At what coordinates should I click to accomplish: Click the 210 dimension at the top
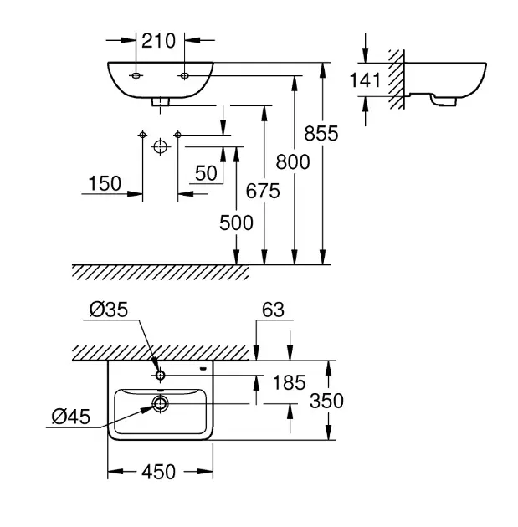(160, 40)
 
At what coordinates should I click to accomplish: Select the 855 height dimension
(321, 133)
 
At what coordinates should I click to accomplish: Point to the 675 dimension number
(263, 191)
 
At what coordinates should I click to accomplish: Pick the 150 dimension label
(104, 183)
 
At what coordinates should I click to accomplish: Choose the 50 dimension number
(205, 172)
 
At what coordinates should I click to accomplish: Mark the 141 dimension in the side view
(365, 80)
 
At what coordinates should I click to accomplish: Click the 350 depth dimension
(326, 401)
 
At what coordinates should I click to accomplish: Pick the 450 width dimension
(158, 473)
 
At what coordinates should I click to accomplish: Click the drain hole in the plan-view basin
(160, 404)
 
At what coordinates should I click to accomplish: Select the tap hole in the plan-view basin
(160, 373)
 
